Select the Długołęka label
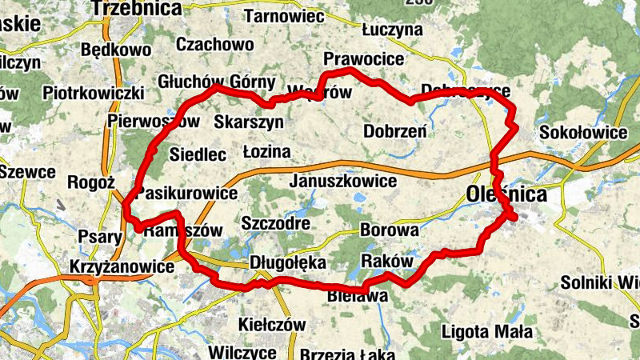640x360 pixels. (x=288, y=262)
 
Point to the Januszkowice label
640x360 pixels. (x=345, y=181)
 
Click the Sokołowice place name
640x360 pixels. (x=583, y=132)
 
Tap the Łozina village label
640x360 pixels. (x=266, y=152)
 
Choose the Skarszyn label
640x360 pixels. (x=249, y=122)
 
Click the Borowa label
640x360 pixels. (x=390, y=230)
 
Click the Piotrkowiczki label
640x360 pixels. (x=93, y=93)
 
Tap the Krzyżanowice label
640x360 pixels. (x=122, y=267)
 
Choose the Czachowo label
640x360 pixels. (x=214, y=44)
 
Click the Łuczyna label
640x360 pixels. (x=391, y=30)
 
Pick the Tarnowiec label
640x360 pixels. (x=283, y=16)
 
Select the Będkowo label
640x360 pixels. (x=116, y=51)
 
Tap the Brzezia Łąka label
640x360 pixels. (x=345, y=353)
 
